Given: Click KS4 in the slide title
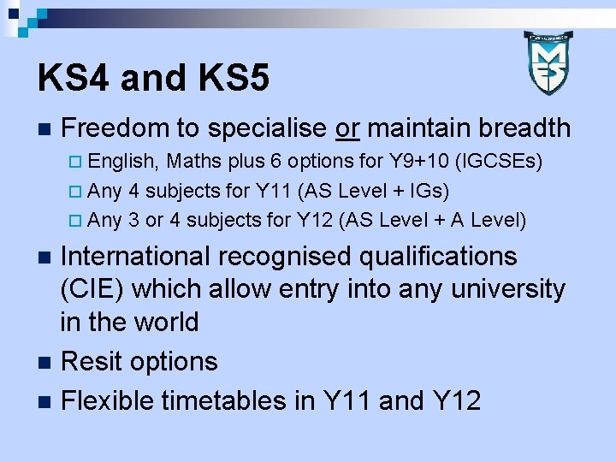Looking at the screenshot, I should (x=75, y=79).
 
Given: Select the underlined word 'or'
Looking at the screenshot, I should (x=347, y=128).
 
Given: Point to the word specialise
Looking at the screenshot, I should (x=267, y=128).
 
